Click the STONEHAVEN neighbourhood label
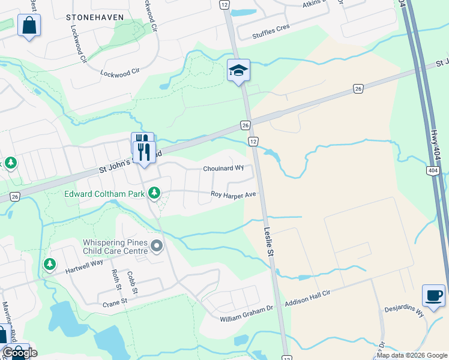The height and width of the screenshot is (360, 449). point(95,17)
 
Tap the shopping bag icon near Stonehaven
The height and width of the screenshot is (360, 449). point(29,26)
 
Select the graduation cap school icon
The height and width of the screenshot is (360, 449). point(238,71)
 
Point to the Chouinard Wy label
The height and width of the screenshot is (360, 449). point(223,169)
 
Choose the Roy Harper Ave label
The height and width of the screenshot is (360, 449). point(234,194)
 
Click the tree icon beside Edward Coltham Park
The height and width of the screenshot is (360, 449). point(155,193)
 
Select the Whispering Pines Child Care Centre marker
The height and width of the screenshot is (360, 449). point(157,246)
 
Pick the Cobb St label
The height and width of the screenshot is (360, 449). point(133,283)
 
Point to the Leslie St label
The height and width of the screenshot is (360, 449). point(269,242)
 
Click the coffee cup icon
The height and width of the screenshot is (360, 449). point(433,295)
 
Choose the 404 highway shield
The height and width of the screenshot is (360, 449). point(433,171)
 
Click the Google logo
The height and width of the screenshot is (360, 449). point(19,353)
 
